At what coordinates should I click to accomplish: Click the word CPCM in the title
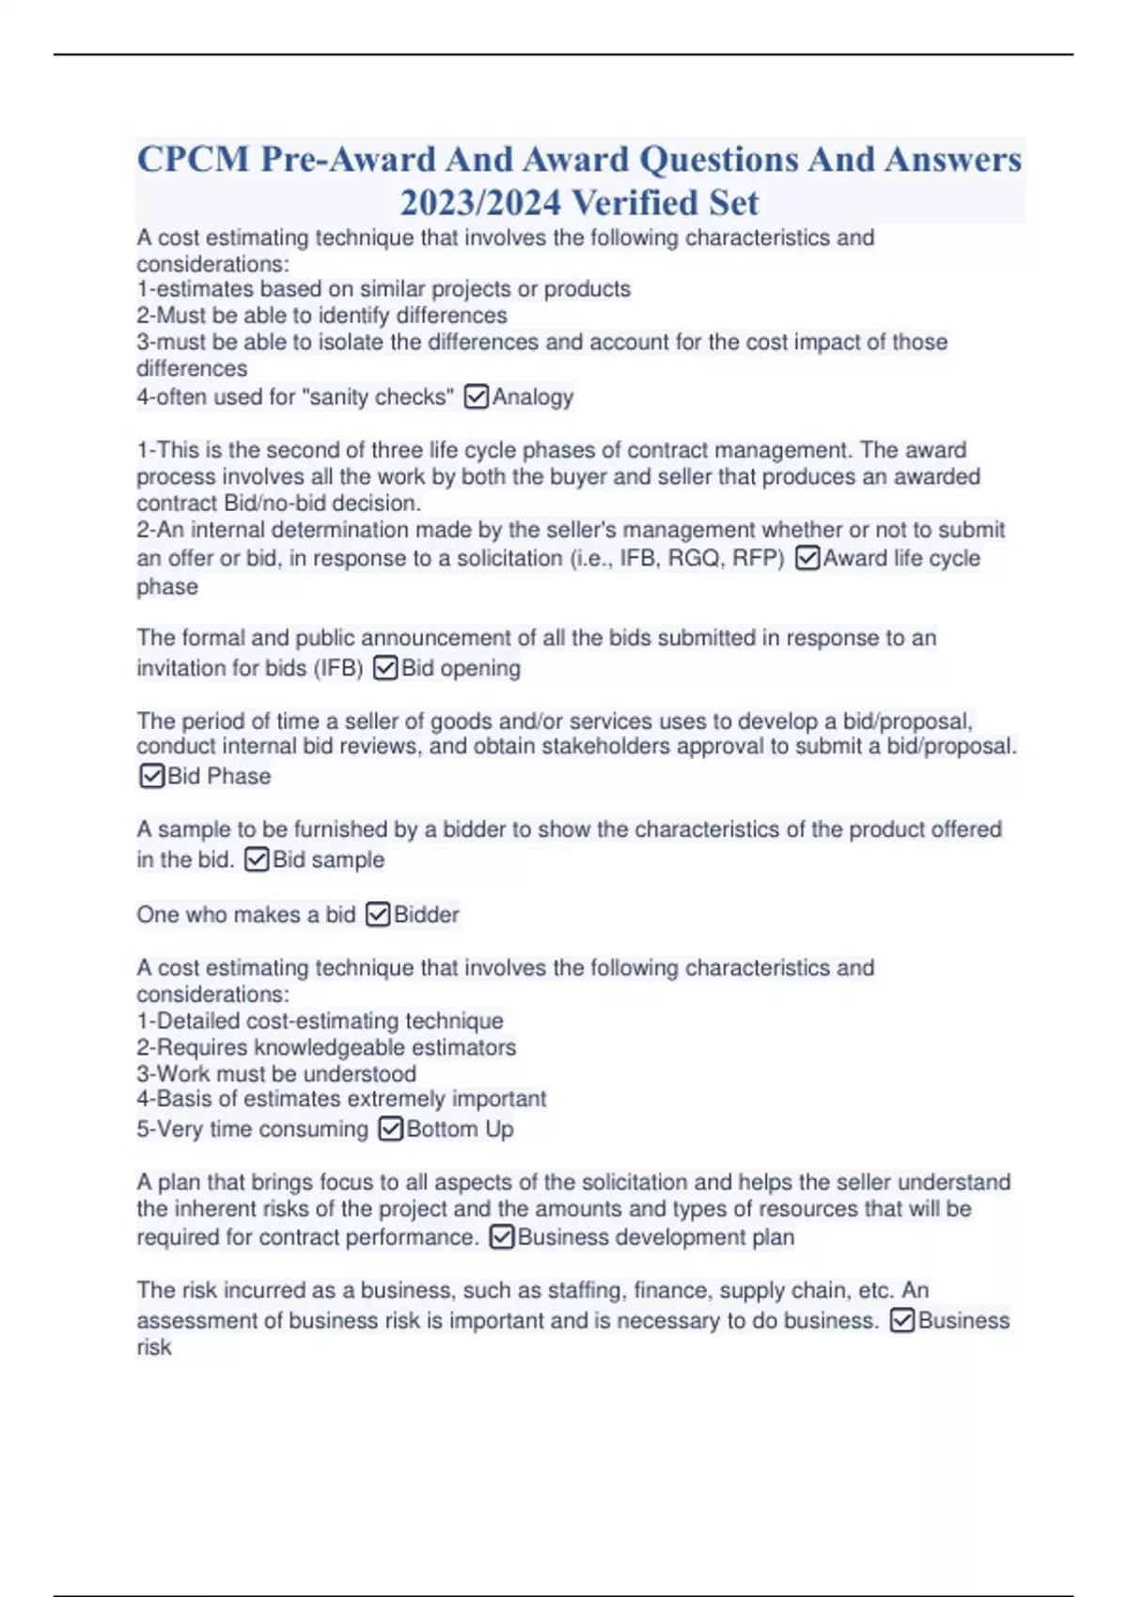[x=193, y=160]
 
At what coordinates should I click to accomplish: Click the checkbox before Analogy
[x=477, y=397]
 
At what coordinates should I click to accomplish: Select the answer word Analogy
[x=533, y=397]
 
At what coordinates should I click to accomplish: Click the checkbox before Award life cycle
[x=807, y=558]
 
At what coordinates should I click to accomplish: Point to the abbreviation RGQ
[x=694, y=558]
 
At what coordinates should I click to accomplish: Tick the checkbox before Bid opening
[x=385, y=668]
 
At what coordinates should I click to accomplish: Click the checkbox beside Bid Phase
[x=151, y=776]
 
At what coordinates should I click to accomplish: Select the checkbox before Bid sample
[x=257, y=860]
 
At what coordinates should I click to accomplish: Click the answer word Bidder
[x=427, y=915]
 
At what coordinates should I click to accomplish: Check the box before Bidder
[x=378, y=915]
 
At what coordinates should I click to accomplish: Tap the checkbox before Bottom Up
[x=390, y=1128]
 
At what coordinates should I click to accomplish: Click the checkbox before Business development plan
[x=502, y=1237]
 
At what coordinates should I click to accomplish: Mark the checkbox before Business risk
[x=901, y=1321]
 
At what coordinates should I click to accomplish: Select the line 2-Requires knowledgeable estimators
[x=326, y=1047]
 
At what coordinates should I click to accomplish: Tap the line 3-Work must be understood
[x=276, y=1074]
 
